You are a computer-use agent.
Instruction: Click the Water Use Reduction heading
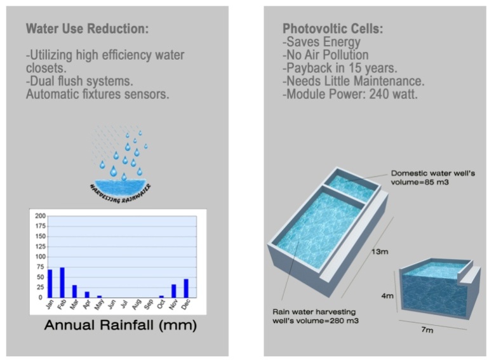[x=87, y=29]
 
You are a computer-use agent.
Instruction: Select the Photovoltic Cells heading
[x=333, y=29]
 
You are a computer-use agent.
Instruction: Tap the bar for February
[x=62, y=283]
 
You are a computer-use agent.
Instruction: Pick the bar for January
[x=50, y=284]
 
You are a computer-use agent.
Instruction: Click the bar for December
[x=186, y=288]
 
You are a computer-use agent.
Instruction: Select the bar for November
[x=173, y=291]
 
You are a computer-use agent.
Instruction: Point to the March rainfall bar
[x=74, y=291]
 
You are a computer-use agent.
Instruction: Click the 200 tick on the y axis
[x=41, y=216]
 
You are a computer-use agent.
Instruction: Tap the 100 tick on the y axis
[x=41, y=257]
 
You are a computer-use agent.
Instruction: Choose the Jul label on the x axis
[x=124, y=303]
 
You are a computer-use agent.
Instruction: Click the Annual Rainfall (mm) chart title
[x=121, y=325]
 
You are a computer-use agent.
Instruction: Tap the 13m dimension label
[x=380, y=251]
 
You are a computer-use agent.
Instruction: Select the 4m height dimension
[x=387, y=296]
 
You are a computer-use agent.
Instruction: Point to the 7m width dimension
[x=427, y=330]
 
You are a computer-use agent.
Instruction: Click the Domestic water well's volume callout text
[x=432, y=177]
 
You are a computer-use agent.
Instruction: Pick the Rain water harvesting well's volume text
[x=316, y=316]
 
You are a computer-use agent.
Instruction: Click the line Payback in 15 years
[x=340, y=68]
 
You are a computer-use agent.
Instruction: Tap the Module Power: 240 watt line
[x=350, y=94]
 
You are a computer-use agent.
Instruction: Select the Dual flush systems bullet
[x=79, y=81]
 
